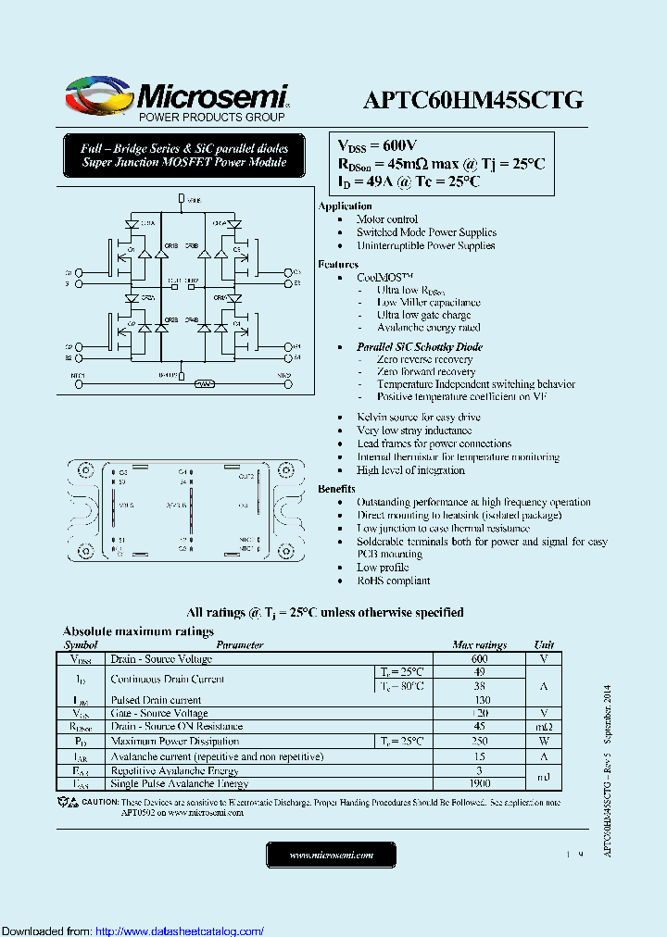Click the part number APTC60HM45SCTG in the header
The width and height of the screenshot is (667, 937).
coord(472,101)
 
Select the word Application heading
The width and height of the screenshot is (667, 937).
coord(345,206)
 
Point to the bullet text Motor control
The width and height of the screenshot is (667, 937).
coord(387,219)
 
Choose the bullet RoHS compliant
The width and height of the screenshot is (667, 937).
coord(394,581)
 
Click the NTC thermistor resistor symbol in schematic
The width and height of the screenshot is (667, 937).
coord(206,382)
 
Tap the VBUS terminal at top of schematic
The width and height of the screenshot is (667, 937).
coord(182,199)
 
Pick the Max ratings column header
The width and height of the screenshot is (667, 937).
coord(479,644)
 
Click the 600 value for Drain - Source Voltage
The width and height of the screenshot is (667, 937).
coord(479,658)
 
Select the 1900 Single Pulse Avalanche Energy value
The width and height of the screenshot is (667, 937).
coord(479,783)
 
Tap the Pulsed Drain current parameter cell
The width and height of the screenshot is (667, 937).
coord(156,700)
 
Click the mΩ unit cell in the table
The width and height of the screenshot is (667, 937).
coord(544,727)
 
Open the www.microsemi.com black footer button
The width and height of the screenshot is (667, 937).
coord(331,856)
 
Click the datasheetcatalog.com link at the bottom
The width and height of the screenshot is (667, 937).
coord(180,931)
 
